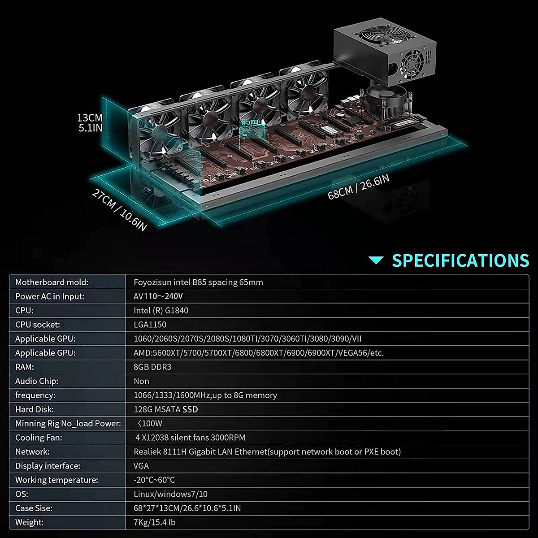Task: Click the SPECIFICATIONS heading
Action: click(x=460, y=260)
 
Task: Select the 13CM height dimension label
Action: click(x=90, y=122)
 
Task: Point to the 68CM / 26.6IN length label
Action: click(x=358, y=187)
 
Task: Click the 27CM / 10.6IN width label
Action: click(x=119, y=210)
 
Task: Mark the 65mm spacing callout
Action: click(x=250, y=122)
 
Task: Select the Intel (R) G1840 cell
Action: click(x=161, y=310)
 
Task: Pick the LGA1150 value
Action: click(x=150, y=325)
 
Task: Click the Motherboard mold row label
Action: click(x=52, y=282)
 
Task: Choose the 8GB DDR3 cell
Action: click(x=152, y=367)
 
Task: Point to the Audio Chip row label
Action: click(x=37, y=381)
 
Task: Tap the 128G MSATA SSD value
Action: click(x=165, y=409)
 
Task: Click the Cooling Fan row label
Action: click(x=39, y=438)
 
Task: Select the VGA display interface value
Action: click(x=141, y=466)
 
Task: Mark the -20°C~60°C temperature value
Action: click(x=154, y=480)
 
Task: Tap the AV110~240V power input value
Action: click(x=158, y=296)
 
